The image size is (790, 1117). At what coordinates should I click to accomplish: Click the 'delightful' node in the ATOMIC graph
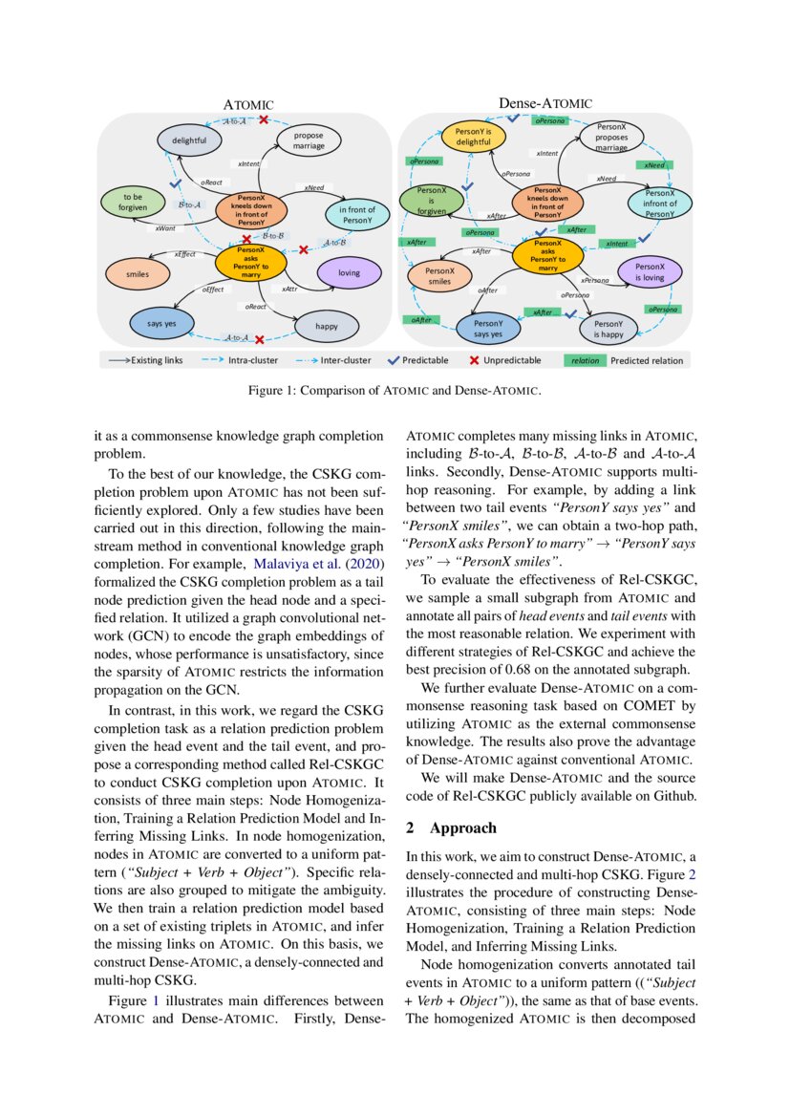(x=189, y=140)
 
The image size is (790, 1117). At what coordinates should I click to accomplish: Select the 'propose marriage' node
(x=309, y=140)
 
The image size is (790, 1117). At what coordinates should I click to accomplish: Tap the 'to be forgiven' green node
(x=131, y=202)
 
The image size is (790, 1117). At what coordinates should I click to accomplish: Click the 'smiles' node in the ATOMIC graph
(x=138, y=273)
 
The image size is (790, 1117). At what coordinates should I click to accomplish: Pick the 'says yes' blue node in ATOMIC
(x=161, y=323)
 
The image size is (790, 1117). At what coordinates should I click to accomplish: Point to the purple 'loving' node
(x=349, y=272)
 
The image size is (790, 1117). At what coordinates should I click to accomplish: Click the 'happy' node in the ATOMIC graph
(x=327, y=326)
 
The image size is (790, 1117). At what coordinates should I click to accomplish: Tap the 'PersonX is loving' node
(x=650, y=271)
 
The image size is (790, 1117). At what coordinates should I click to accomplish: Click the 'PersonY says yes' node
(x=488, y=330)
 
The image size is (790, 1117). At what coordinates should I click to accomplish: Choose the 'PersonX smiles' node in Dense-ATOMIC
(x=438, y=276)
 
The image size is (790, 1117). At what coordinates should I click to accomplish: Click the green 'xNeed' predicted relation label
(x=654, y=165)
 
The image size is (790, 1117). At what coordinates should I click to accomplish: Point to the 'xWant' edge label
(x=164, y=228)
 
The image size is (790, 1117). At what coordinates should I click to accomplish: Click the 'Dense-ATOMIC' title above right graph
(x=544, y=103)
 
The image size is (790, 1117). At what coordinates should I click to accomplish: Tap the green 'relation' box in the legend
(x=585, y=360)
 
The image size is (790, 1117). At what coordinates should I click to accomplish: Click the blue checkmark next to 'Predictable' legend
(x=392, y=360)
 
